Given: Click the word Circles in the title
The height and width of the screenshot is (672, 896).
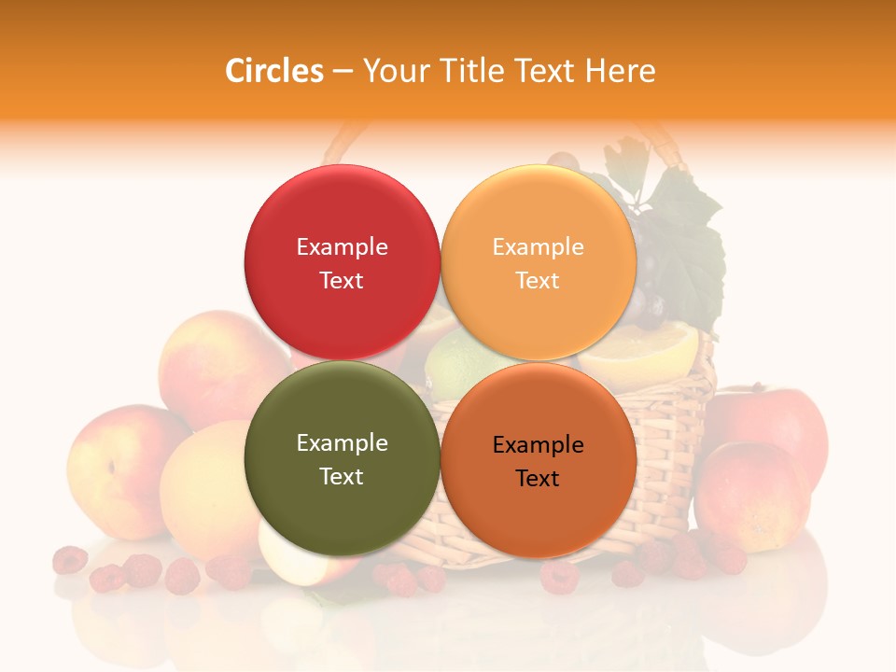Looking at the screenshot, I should pyautogui.click(x=273, y=71).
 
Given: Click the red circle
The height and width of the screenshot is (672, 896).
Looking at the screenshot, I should pyautogui.click(x=342, y=262).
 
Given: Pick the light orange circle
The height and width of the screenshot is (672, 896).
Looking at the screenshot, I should pyautogui.click(x=538, y=262).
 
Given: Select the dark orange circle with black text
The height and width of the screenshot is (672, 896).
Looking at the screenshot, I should pyautogui.click(x=538, y=460).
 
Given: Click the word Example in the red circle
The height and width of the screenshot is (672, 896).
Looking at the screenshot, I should pyautogui.click(x=342, y=246).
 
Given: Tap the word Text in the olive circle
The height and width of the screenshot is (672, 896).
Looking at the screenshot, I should pyautogui.click(x=342, y=476).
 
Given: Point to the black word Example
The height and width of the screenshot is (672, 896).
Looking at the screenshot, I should pyautogui.click(x=538, y=444).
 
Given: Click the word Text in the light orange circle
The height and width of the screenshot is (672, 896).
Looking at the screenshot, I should pyautogui.click(x=538, y=280).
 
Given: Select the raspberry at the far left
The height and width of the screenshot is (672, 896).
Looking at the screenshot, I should pyautogui.click(x=70, y=560).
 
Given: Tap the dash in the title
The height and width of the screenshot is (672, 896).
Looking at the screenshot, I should pyautogui.click(x=342, y=71).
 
